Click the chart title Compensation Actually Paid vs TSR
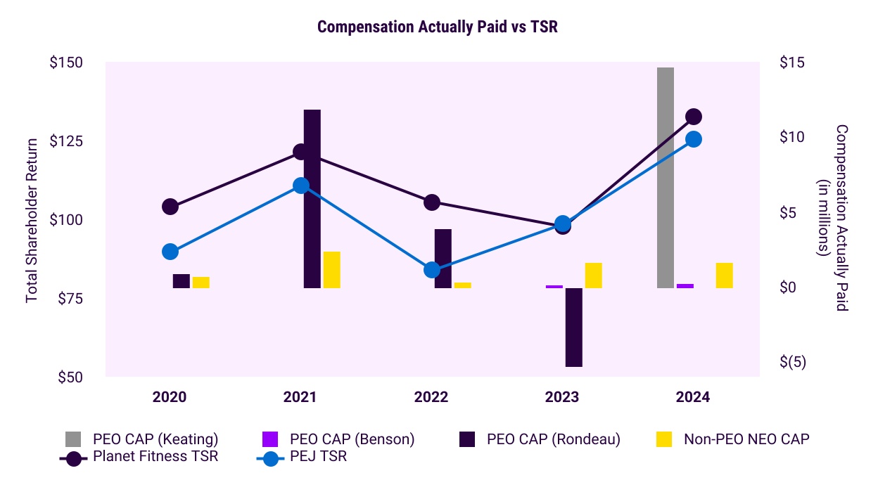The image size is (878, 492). [438, 27]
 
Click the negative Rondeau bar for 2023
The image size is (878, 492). [574, 327]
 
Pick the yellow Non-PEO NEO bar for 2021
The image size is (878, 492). [332, 270]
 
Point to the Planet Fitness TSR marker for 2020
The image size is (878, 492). [170, 207]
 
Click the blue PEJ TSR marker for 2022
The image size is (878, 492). [432, 270]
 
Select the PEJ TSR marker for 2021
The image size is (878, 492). [301, 186]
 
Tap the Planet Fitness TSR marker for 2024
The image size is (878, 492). [693, 117]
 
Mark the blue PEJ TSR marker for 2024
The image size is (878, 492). [693, 139]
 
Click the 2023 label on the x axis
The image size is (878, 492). [562, 397]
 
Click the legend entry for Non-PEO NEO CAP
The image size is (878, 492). [746, 440]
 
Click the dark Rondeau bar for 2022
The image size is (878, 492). [443, 258]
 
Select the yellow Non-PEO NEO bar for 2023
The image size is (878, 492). [594, 276]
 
